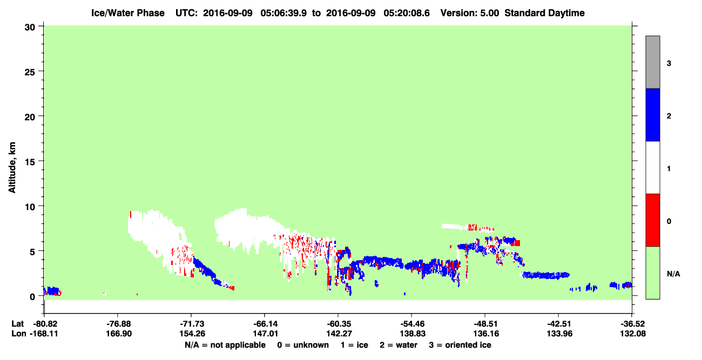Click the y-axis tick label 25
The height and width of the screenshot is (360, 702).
tap(30, 72)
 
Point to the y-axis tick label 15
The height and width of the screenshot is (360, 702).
tap(30, 162)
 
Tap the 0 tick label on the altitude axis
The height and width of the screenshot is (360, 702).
tap(32, 297)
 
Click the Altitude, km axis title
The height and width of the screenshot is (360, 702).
tap(12, 168)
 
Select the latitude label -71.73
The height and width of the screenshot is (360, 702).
tap(192, 324)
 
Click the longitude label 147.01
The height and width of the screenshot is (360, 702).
tap(266, 334)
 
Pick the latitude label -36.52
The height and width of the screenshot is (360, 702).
tap(632, 324)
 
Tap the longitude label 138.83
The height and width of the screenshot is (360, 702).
tap(413, 334)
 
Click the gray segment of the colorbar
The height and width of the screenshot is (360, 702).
tap(653, 62)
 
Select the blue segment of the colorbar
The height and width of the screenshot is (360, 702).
tap(653, 114)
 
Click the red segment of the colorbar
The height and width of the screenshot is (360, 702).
tap(653, 220)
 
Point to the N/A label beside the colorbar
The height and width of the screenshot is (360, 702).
tap(673, 274)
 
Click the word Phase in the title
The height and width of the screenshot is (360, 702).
tap(153, 13)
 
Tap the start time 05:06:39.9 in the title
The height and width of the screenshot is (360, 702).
tap(283, 13)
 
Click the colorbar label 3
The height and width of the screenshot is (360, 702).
tap(669, 64)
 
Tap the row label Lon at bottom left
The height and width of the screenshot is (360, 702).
tap(19, 334)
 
